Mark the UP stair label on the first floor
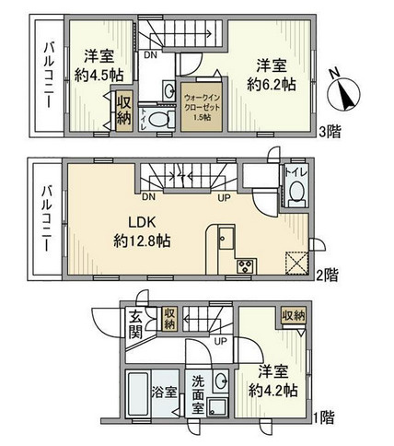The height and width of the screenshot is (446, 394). click(220, 341)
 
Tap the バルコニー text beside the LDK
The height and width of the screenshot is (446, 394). click(44, 218)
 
